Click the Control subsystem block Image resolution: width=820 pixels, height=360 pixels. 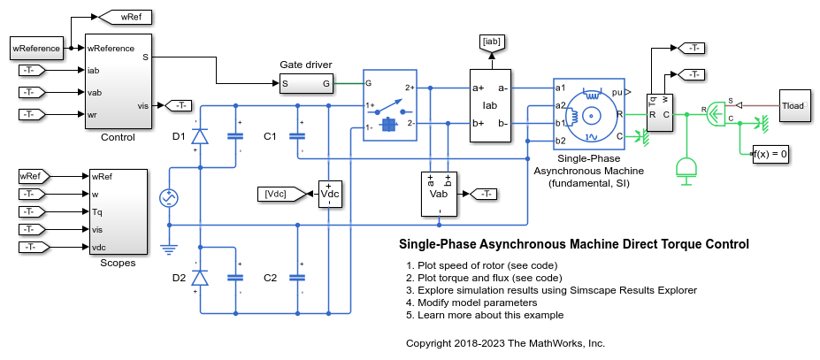(x=119, y=80)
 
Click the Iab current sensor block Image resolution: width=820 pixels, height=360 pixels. (x=489, y=106)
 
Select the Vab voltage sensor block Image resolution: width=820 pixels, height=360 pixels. (x=438, y=194)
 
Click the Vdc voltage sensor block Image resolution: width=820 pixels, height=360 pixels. (x=329, y=194)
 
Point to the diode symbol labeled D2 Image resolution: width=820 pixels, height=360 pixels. (x=201, y=278)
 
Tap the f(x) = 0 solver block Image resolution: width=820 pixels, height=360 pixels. (x=770, y=154)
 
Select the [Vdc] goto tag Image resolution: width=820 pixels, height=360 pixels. (x=276, y=194)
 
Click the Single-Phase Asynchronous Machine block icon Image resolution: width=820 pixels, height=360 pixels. (x=588, y=112)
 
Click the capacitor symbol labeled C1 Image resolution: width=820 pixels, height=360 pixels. (x=297, y=135)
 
